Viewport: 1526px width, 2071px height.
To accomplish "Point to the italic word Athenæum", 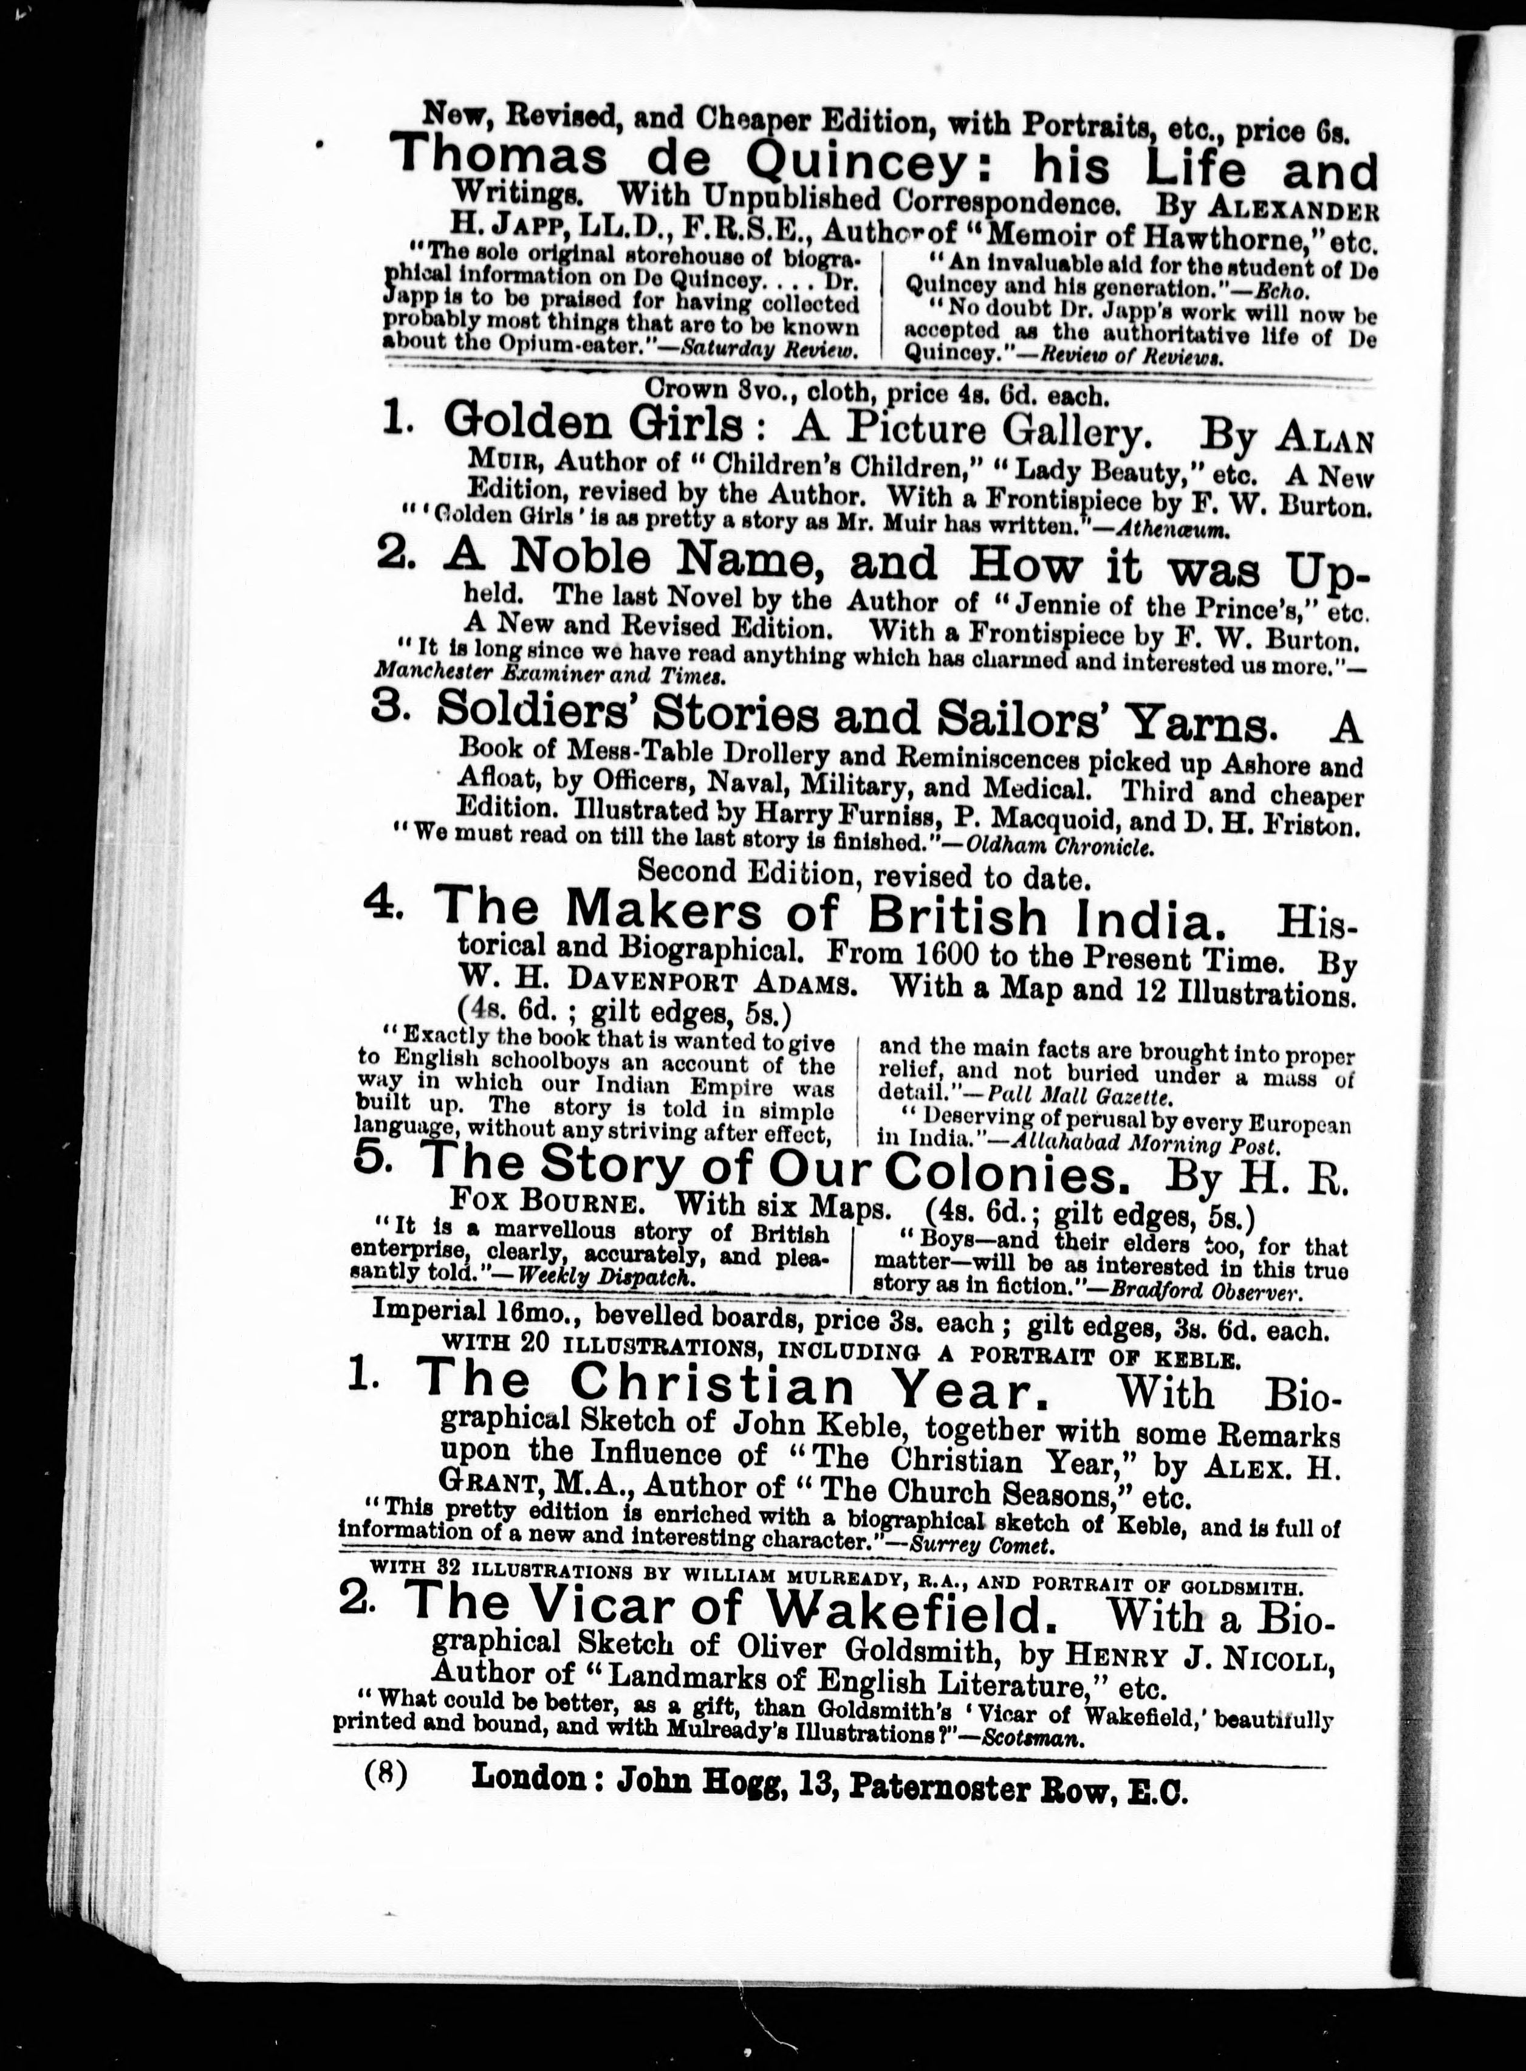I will (x=1172, y=531).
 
